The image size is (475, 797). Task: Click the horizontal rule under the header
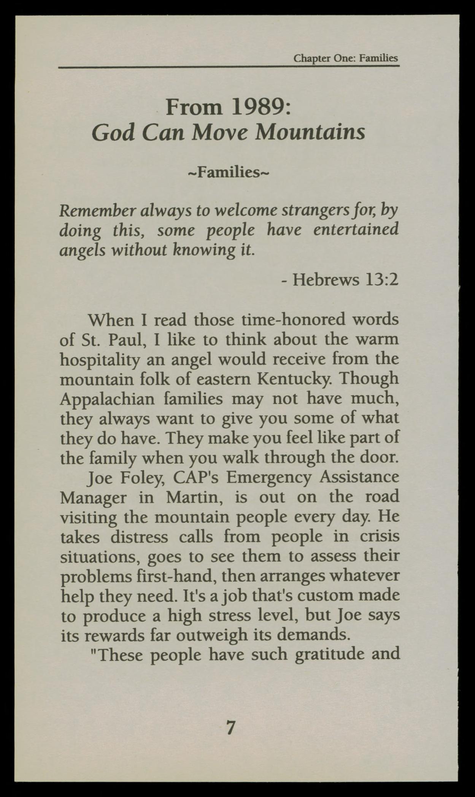229,67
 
